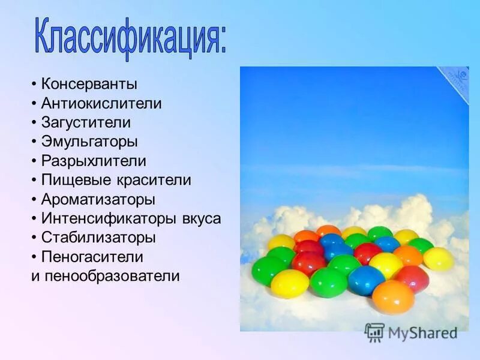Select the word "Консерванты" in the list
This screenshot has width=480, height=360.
(89, 84)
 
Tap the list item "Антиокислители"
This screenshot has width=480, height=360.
(101, 103)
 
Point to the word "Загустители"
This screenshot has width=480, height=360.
(86, 122)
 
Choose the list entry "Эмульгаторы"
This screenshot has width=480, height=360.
(89, 142)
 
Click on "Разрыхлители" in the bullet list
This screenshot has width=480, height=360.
(94, 161)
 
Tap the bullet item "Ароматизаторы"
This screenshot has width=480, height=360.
(98, 199)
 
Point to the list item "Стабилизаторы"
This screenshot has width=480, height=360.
(98, 238)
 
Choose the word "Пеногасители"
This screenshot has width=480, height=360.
(92, 257)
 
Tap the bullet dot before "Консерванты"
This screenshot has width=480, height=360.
(35, 84)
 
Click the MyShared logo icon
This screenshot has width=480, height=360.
(374, 332)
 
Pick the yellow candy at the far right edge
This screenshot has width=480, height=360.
(439, 259)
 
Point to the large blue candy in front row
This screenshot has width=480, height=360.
(366, 280)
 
